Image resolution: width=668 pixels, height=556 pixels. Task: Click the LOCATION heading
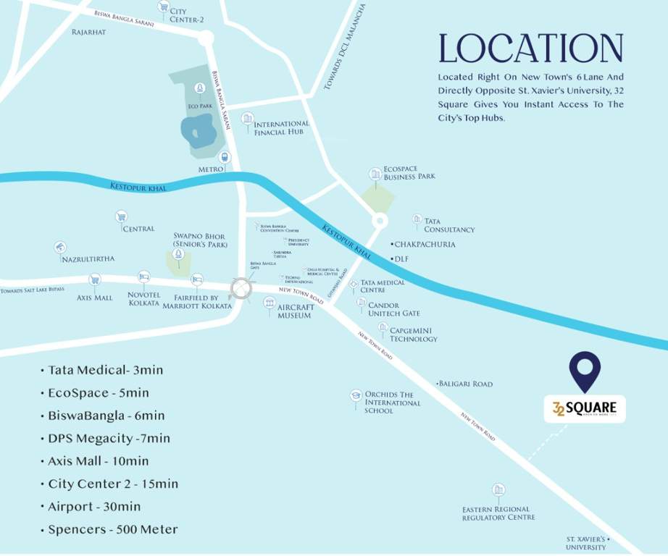530,49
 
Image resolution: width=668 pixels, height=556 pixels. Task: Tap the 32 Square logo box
585,408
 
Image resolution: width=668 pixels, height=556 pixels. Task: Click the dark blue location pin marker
585,371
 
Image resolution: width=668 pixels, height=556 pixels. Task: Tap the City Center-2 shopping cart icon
163,7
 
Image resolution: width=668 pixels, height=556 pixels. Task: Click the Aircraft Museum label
296,311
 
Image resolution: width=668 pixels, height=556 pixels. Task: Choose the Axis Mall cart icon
94,279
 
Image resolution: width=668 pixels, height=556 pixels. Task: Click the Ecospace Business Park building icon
375,174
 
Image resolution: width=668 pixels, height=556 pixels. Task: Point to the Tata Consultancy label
449,225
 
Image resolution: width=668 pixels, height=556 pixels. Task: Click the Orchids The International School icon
355,395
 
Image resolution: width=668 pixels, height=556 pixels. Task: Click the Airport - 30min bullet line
94,507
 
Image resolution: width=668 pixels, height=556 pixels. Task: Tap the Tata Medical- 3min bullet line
105,370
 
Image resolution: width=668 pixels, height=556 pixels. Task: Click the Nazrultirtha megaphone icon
59,248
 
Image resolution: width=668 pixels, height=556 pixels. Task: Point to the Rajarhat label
89,32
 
